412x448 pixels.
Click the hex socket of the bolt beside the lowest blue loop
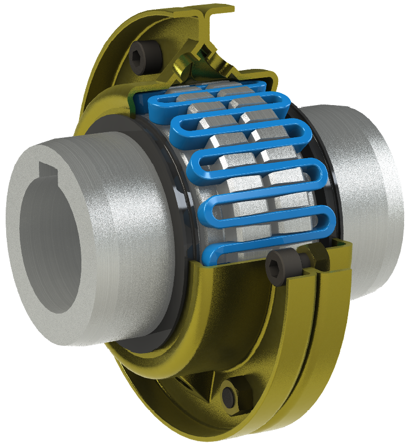click(x=277, y=261)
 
